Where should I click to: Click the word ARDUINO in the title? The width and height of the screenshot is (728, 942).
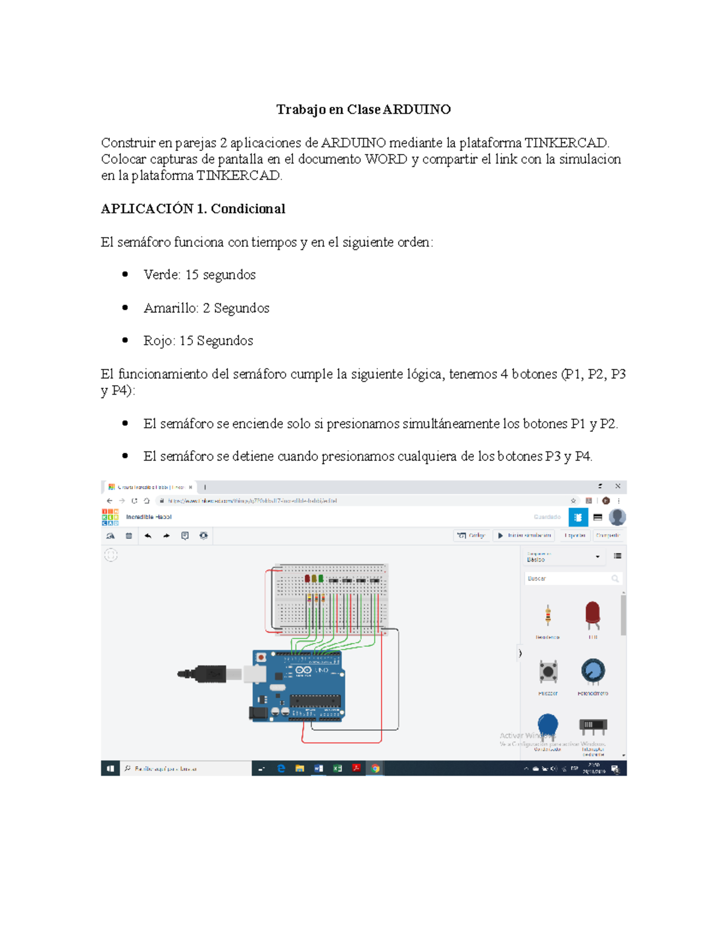click(417, 110)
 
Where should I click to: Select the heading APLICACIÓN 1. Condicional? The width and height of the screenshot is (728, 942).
click(193, 209)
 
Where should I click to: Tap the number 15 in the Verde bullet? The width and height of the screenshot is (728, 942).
click(192, 275)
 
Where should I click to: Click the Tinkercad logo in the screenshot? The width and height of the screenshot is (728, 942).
click(110, 517)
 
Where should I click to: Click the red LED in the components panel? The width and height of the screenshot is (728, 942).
click(592, 614)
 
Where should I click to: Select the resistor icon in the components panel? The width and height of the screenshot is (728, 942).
click(548, 615)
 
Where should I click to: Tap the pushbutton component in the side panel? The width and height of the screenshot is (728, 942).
click(548, 671)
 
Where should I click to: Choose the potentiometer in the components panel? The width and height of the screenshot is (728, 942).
click(592, 671)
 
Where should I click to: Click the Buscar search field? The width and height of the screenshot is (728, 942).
click(568, 579)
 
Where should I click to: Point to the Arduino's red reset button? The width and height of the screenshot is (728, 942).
click(261, 658)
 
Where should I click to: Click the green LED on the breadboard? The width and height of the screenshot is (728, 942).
click(321, 579)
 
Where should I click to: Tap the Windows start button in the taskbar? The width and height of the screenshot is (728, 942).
click(110, 769)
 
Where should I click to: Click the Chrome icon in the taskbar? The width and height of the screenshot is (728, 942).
click(376, 769)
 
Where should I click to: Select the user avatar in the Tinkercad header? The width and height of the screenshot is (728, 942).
click(617, 517)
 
